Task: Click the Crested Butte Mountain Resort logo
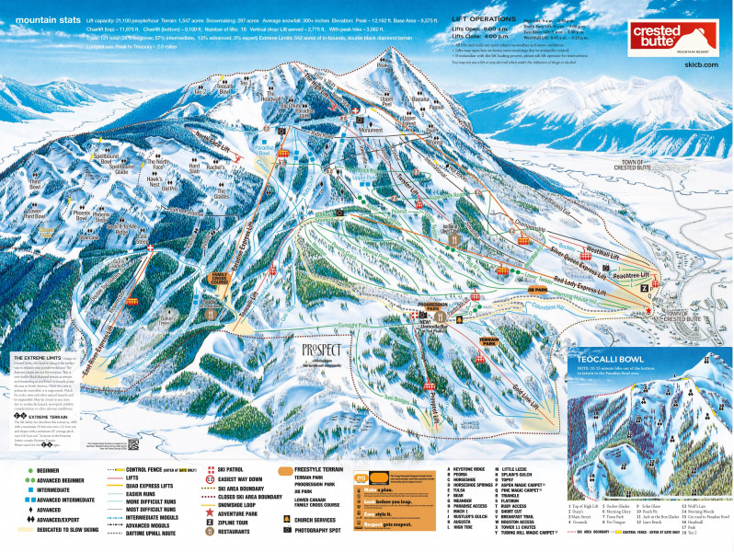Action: (x=676, y=39)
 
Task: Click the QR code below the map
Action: (x=132, y=443)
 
